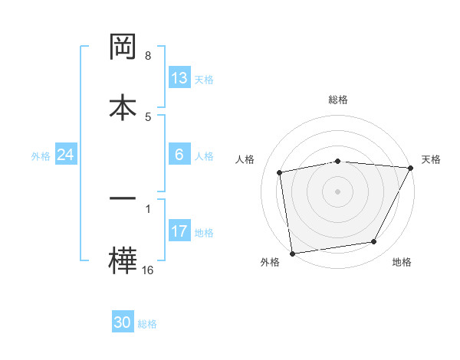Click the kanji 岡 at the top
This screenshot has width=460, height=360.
[x=123, y=48]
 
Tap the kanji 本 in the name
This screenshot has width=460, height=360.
[x=123, y=108]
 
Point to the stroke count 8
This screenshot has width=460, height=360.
[x=148, y=56]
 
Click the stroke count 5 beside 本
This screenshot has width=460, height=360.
[x=148, y=116]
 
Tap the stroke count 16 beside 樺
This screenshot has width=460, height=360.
[x=147, y=270]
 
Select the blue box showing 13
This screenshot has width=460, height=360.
[x=179, y=78]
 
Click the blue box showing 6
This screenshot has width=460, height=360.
[x=179, y=155]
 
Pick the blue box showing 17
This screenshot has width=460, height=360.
[x=179, y=231]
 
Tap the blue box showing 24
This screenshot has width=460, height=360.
[x=65, y=155]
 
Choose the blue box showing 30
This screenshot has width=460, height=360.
[x=123, y=323]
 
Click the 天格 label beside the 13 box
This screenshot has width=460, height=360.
[x=204, y=80]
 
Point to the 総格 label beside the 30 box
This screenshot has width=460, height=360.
[x=147, y=325]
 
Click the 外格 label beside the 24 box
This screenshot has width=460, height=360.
[x=41, y=156]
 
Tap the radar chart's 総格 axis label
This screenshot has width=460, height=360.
[x=338, y=100]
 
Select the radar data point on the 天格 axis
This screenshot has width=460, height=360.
[x=411, y=169]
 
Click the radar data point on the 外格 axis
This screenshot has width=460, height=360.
[x=292, y=253]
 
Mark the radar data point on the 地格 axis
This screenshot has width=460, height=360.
[x=374, y=242]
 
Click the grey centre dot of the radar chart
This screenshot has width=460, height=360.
[x=338, y=191]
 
